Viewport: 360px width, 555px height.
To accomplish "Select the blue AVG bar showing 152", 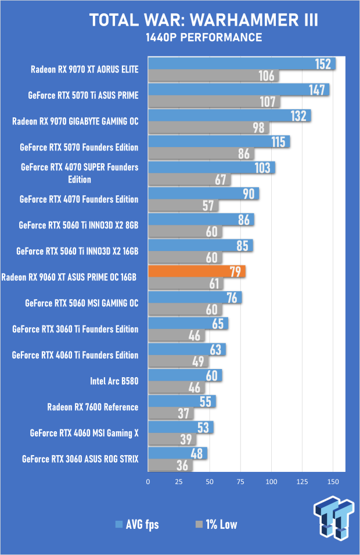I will pyautogui.click(x=242, y=64).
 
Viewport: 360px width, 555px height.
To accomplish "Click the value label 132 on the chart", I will pyautogui.click(x=298, y=116).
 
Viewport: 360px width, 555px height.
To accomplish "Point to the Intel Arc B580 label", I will pyautogui.click(x=114, y=381).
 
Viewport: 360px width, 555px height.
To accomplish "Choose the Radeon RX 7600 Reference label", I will pyautogui.click(x=93, y=407).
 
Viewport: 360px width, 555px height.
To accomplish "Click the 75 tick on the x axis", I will pyautogui.click(x=240, y=482).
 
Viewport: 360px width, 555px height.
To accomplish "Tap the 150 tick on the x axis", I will pyautogui.click(x=333, y=482).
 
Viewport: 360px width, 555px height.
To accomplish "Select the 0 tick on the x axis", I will pyautogui.click(x=148, y=482).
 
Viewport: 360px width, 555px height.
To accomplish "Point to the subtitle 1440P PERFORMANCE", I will pyautogui.click(x=204, y=38).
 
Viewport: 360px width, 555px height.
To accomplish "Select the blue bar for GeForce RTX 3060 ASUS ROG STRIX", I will pyautogui.click(x=177, y=453).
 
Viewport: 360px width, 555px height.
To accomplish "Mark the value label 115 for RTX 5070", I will pyautogui.click(x=279, y=142).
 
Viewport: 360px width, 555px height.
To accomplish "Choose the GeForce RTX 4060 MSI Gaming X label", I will pyautogui.click(x=84, y=433).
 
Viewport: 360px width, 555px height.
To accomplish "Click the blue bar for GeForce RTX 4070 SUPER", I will pyautogui.click(x=211, y=167).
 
